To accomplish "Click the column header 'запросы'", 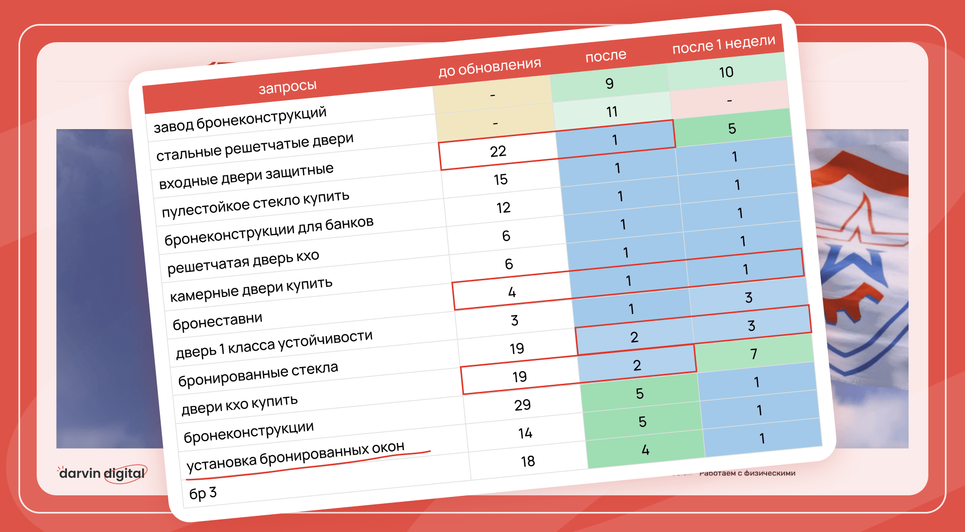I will coord(287,87).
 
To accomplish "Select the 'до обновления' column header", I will coord(490,67).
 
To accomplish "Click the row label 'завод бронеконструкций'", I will coord(240,120).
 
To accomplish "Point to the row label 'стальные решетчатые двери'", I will coord(255,147).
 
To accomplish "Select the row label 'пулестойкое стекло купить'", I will coord(255,204).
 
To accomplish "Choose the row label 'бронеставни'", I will coord(217,321).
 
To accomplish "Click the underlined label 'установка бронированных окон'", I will coord(296,456).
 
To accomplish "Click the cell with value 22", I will coord(498,151).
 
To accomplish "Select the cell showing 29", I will coord(522,405).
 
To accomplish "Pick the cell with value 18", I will coord(528,461).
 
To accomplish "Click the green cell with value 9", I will coord(609,83).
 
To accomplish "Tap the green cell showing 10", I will coord(726,72).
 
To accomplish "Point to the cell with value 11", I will coord(612,112).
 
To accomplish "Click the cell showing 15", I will coord(501,179).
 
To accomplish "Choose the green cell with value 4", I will coord(645,450).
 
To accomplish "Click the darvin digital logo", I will coord(102,473).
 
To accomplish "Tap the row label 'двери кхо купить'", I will coord(239,404).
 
